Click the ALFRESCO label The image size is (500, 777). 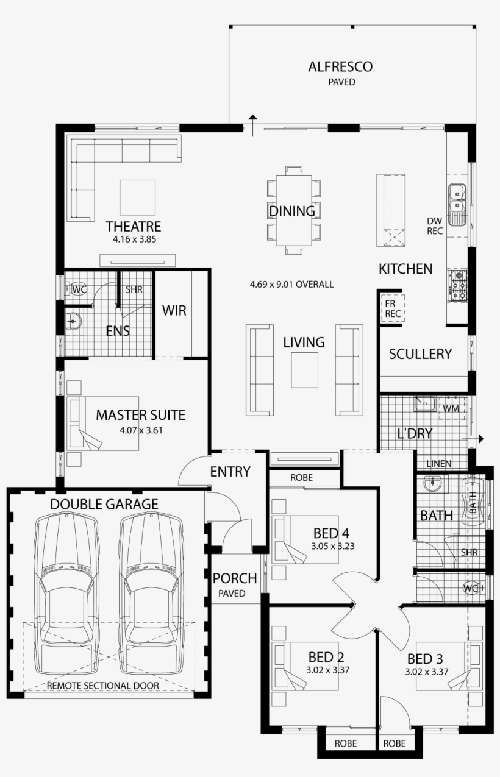pyautogui.click(x=340, y=66)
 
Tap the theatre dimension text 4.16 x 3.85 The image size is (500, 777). pyautogui.click(x=134, y=239)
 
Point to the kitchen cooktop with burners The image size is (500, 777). pyautogui.click(x=458, y=285)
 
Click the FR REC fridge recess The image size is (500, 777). pyautogui.click(x=393, y=309)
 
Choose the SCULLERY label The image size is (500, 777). pyautogui.click(x=421, y=354)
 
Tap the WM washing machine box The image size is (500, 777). pyautogui.click(x=452, y=408)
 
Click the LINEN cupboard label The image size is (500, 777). pyautogui.click(x=439, y=463)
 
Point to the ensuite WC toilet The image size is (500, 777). pyautogui.click(x=71, y=289)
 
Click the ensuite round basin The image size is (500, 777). pyautogui.click(x=73, y=321)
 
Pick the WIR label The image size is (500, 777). pyautogui.click(x=174, y=310)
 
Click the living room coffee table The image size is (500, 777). pyautogui.click(x=304, y=370)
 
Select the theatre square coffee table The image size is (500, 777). pyautogui.click(x=137, y=197)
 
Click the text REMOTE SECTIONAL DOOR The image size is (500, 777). pyautogui.click(x=103, y=686)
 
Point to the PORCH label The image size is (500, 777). pyautogui.click(x=235, y=578)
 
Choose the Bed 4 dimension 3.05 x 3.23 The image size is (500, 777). pyautogui.click(x=333, y=546)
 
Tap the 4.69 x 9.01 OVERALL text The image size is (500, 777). pyautogui.click(x=292, y=285)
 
